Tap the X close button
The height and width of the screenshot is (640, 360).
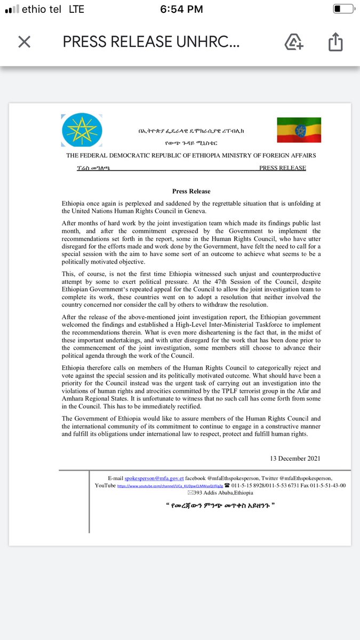(25, 42)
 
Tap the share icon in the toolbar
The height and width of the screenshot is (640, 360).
(334, 42)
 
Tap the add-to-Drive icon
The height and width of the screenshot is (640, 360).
(294, 42)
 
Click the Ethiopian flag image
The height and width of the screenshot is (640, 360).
(299, 130)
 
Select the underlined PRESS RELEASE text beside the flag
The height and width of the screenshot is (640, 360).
(282, 168)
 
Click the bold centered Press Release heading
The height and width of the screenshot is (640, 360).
(191, 191)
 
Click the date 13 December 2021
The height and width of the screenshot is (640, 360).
(295, 458)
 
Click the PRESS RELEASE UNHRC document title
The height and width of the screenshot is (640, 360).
(155, 42)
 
